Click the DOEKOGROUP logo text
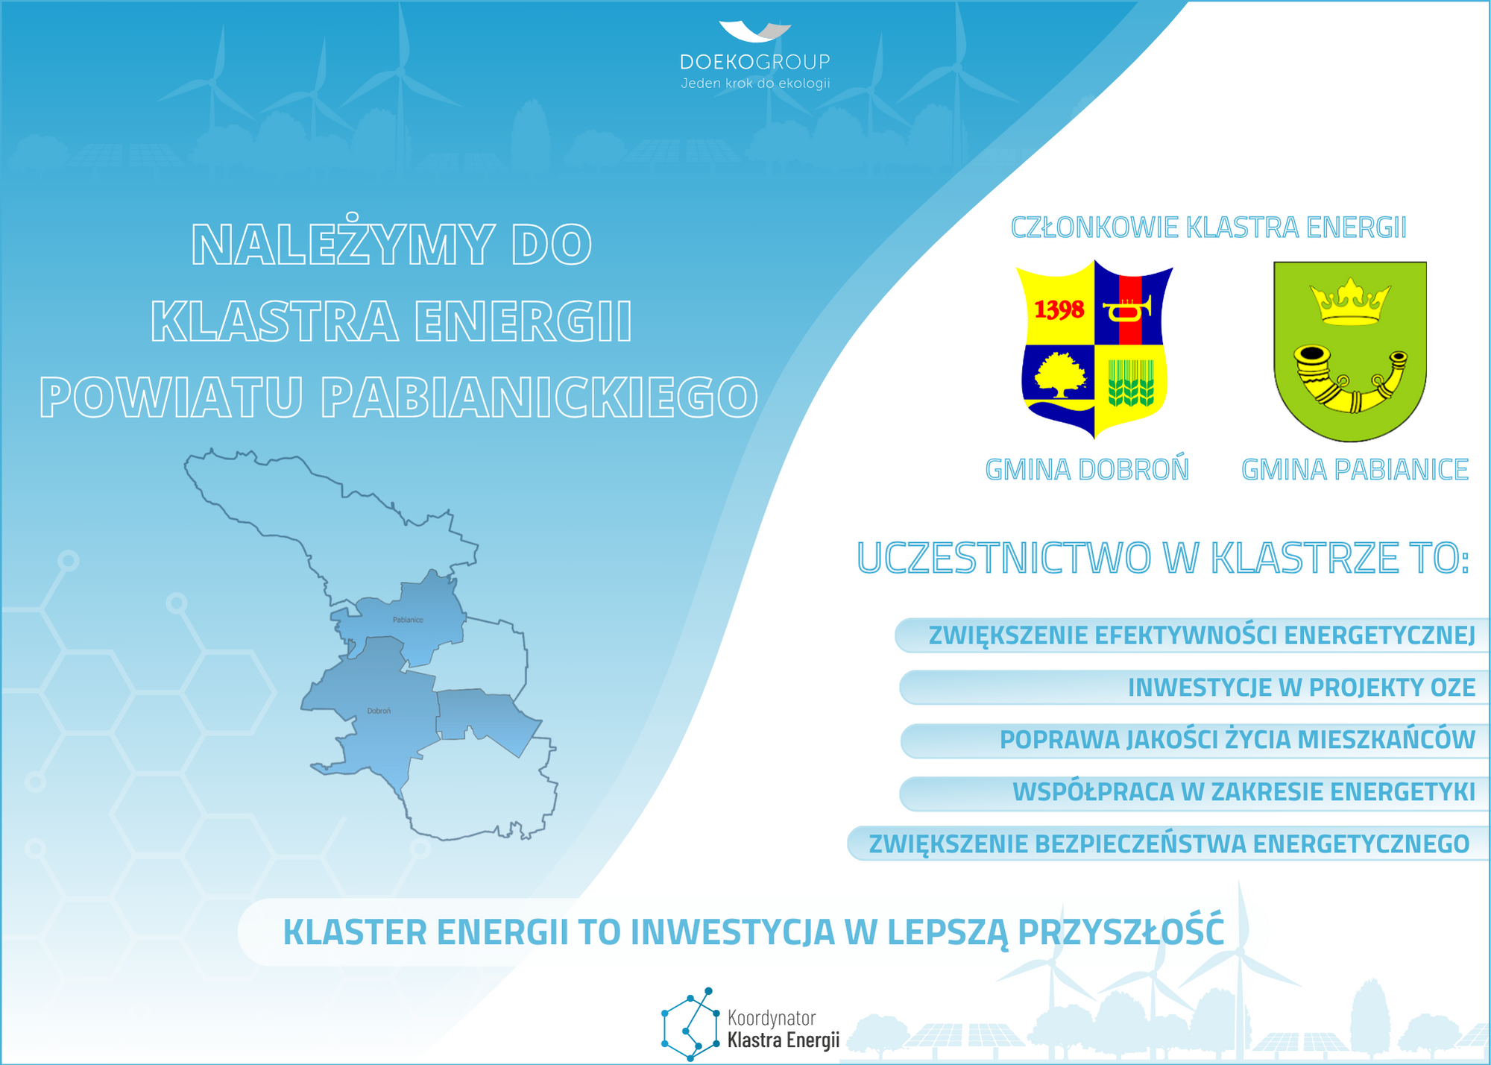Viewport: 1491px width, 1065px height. [x=755, y=62]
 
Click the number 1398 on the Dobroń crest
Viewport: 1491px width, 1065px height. [x=1059, y=309]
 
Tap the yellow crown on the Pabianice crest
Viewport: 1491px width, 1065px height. [x=1350, y=301]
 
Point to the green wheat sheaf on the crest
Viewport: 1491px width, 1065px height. [x=1131, y=383]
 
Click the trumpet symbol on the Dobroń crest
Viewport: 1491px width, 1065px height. [x=1129, y=308]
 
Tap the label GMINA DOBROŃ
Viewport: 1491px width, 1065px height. [x=1087, y=470]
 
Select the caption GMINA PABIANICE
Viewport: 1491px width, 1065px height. [x=1355, y=470]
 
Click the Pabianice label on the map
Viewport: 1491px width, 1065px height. [x=408, y=620]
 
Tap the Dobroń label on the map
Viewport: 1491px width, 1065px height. [x=379, y=711]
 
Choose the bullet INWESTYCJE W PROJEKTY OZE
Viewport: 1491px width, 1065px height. [x=1302, y=688]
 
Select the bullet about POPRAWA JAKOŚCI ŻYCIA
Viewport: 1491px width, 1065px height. [x=1238, y=740]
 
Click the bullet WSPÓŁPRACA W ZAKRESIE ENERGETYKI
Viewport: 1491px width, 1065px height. [x=1243, y=792]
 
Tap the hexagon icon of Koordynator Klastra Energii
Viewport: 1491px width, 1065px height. [x=690, y=1024]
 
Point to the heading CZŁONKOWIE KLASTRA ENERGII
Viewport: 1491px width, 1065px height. [x=1208, y=227]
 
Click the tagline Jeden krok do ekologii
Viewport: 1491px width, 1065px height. [x=755, y=84]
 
